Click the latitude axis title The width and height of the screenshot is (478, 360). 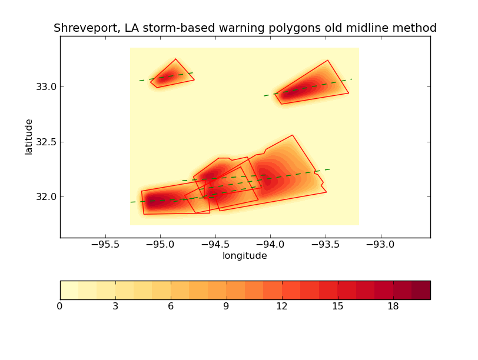coord(29,136)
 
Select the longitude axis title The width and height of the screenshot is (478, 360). coord(244,256)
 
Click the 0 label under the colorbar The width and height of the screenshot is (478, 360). coord(60,306)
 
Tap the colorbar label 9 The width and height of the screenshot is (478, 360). coord(227,306)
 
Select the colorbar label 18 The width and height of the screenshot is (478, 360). coord(393,306)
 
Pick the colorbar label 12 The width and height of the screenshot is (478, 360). coord(282,306)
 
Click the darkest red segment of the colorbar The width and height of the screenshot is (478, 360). coord(421,290)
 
